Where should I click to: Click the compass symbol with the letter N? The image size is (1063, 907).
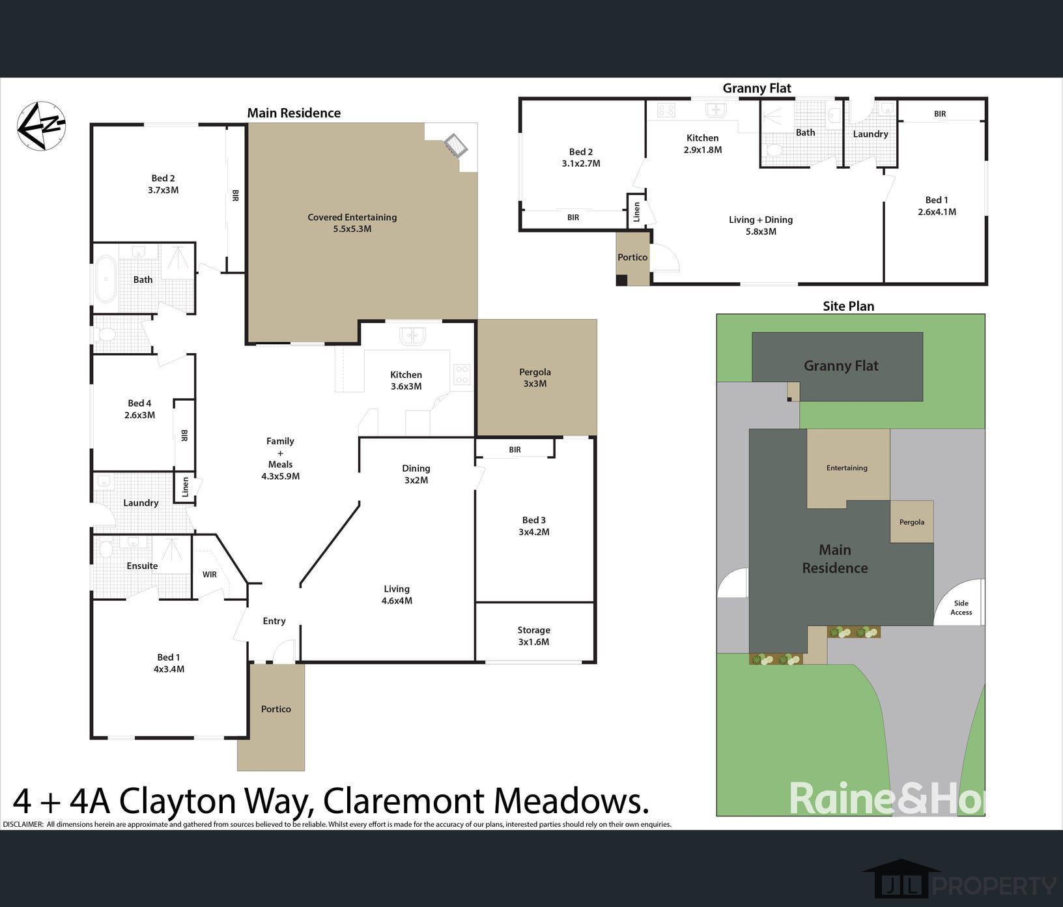pos(42,126)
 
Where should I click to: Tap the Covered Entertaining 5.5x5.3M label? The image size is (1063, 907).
pos(352,223)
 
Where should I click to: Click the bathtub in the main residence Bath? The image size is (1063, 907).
pos(106,279)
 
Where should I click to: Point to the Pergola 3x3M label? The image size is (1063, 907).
pos(535,378)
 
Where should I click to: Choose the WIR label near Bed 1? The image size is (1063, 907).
pos(210,575)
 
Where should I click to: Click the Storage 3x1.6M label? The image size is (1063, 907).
pos(534,636)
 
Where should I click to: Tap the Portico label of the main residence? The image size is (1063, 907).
pos(276,709)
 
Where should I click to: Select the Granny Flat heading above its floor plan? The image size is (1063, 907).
pos(757,88)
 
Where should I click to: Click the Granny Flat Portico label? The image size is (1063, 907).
pos(632,257)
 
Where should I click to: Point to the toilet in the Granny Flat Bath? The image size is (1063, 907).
pos(773,150)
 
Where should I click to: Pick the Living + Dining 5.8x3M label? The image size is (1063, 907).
pos(761,225)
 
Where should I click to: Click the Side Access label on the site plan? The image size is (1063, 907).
pos(961,608)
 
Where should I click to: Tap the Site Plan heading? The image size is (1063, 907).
pos(849,306)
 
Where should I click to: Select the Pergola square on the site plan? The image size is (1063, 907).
pos(912,521)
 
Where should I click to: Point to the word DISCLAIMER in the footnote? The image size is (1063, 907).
pos(23,824)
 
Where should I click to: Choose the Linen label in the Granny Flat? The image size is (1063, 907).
pos(637,211)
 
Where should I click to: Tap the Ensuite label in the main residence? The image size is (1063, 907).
pos(142,566)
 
